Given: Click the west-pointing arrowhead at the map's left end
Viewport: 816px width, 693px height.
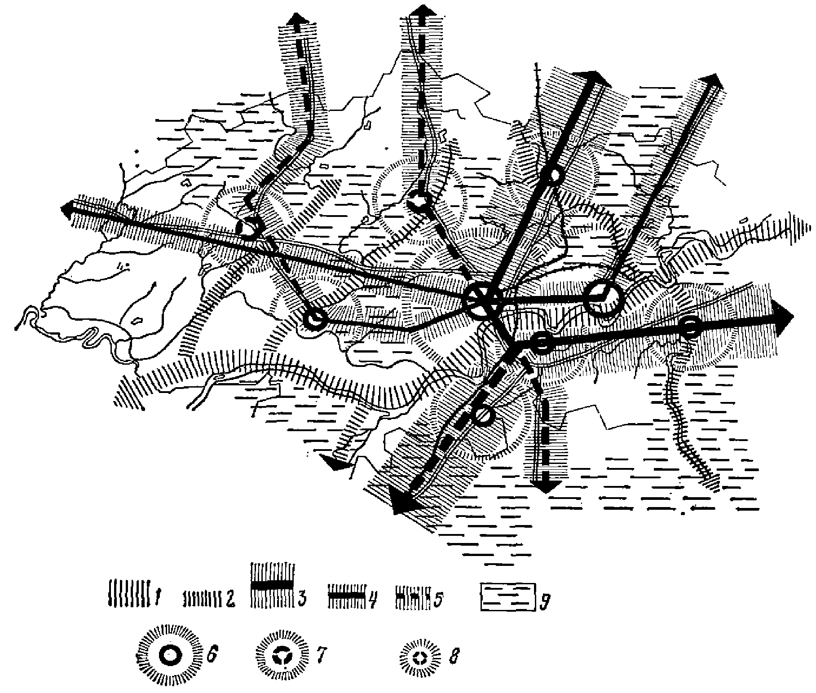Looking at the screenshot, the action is (x=67, y=209).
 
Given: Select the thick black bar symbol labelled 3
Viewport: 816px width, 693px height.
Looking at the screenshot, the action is (x=272, y=584).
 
